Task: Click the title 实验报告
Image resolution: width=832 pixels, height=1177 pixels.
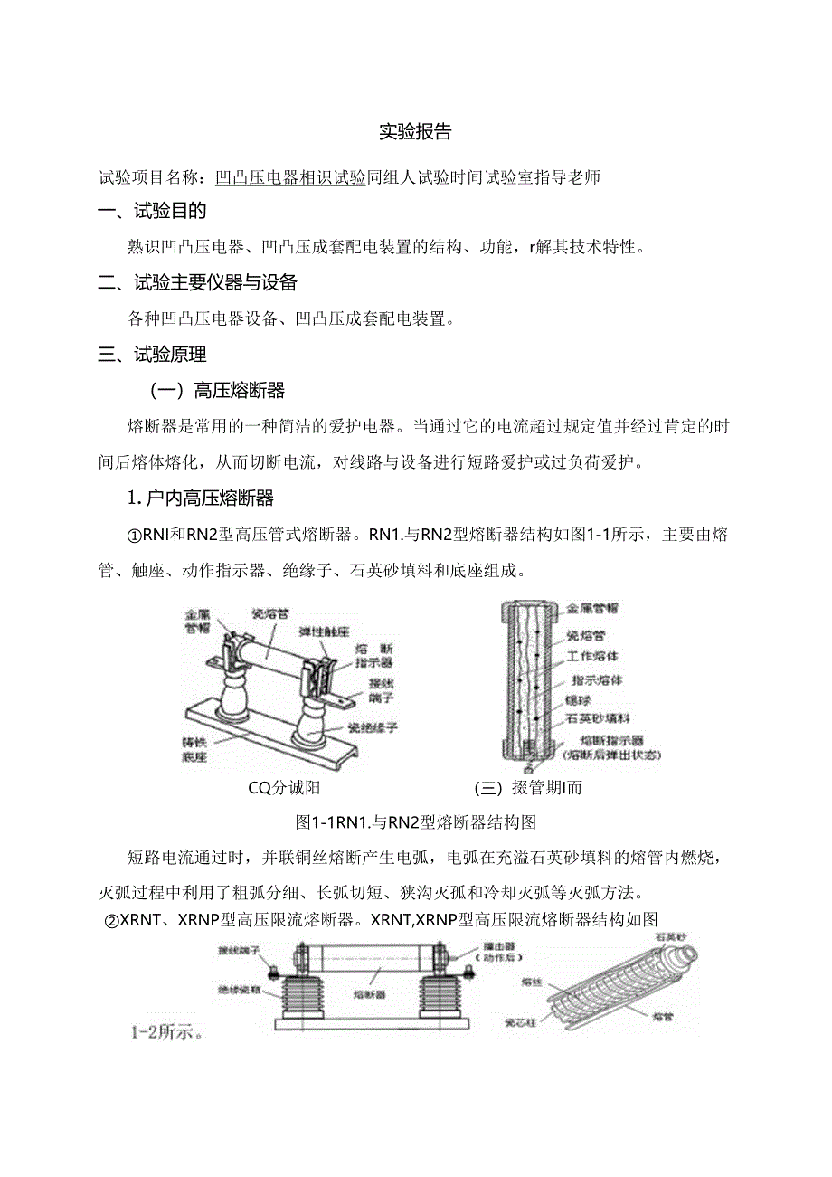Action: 415,132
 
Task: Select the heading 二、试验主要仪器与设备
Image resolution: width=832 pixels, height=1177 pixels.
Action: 198,282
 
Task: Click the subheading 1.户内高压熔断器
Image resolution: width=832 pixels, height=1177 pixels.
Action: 200,498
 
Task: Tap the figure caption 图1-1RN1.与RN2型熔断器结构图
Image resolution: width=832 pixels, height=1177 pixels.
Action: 417,822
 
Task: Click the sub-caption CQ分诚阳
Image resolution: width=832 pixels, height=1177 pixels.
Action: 284,787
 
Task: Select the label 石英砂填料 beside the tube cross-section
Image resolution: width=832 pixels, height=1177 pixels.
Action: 598,718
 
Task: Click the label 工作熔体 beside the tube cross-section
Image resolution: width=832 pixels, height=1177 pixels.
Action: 592,655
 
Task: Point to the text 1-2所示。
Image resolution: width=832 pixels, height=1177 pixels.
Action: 165,1032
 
